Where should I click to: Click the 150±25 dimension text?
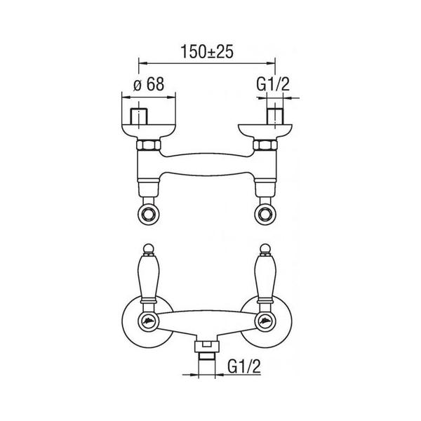pyautogui.click(x=207, y=51)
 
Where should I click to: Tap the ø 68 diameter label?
pyautogui.click(x=149, y=84)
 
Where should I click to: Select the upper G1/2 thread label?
pyautogui.click(x=273, y=84)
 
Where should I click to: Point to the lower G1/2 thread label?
pyautogui.click(x=244, y=366)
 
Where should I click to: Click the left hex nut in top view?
pyautogui.click(x=149, y=145)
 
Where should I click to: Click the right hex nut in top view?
pyautogui.click(x=265, y=145)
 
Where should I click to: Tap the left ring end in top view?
pyautogui.click(x=148, y=214)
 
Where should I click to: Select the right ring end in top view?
pyautogui.click(x=265, y=214)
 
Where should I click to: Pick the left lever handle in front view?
pyautogui.click(x=148, y=278)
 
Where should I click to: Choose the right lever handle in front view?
pyautogui.click(x=265, y=278)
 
